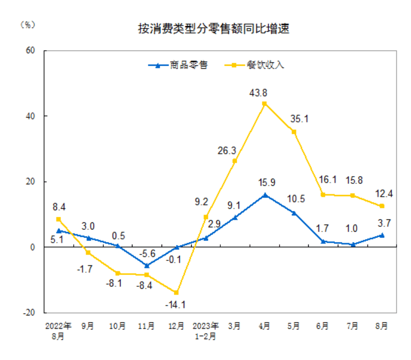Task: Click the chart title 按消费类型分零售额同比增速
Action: pos(213,29)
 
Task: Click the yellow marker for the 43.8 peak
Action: pos(264,104)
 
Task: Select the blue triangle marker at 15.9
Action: pos(264,195)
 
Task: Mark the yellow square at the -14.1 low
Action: pos(176,293)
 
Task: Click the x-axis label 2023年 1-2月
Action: pos(205,331)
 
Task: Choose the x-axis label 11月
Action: pos(147,326)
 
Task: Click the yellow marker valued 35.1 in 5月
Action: pos(294,132)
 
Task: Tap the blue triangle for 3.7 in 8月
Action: pos(382,235)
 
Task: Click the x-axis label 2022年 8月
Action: pos(59,331)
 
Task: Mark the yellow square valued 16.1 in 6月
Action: pos(323,195)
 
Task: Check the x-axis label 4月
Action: pos(264,326)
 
